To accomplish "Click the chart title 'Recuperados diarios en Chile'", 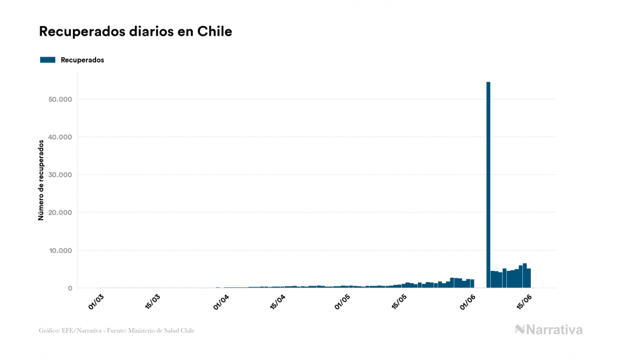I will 136,32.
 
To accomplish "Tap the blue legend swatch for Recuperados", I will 48,60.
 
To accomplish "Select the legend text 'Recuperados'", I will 82,60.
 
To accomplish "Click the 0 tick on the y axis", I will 69,288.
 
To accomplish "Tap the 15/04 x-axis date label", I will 278,302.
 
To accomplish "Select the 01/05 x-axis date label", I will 342,302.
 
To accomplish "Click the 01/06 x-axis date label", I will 467,302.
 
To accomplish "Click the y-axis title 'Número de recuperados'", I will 41,180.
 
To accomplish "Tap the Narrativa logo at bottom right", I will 549,330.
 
